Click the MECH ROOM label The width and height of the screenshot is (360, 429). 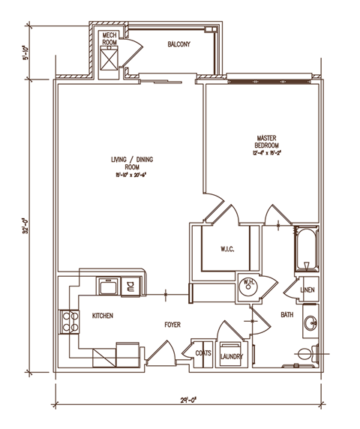(x=109, y=39)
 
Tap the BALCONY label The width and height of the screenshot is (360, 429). (x=178, y=45)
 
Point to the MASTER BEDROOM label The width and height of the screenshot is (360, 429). (x=268, y=142)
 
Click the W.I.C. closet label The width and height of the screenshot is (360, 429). (x=229, y=248)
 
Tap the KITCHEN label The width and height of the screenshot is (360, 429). (x=103, y=316)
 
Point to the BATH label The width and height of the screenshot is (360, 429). (x=287, y=316)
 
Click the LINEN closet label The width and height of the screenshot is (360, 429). (x=307, y=289)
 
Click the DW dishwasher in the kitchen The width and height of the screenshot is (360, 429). (x=129, y=285)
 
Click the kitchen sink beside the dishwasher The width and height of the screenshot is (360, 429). (x=107, y=286)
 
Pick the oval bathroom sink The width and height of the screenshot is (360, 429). (x=310, y=325)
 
